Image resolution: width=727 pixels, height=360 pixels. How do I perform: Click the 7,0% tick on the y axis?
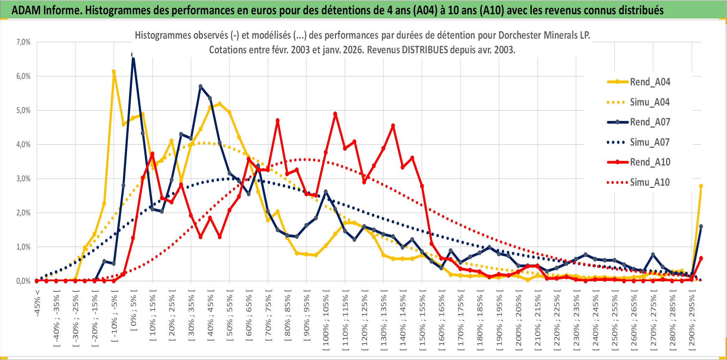coord(23,42)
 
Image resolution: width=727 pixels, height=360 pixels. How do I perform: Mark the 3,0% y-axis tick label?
coord(23,179)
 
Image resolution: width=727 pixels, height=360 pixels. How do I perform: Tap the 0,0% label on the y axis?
coord(23,281)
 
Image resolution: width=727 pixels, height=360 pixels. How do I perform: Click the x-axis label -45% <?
coord(37,303)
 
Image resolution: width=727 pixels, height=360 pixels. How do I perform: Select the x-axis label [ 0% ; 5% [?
coord(133,310)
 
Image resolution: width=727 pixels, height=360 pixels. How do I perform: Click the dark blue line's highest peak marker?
coord(133,55)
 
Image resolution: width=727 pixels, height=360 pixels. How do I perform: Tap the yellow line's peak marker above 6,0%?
coord(114,72)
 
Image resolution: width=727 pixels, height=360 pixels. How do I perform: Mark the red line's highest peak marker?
coord(335,114)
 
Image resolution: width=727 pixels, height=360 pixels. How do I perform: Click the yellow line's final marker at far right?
coord(701,186)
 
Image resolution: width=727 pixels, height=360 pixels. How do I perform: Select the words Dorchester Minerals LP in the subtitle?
coord(544,35)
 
